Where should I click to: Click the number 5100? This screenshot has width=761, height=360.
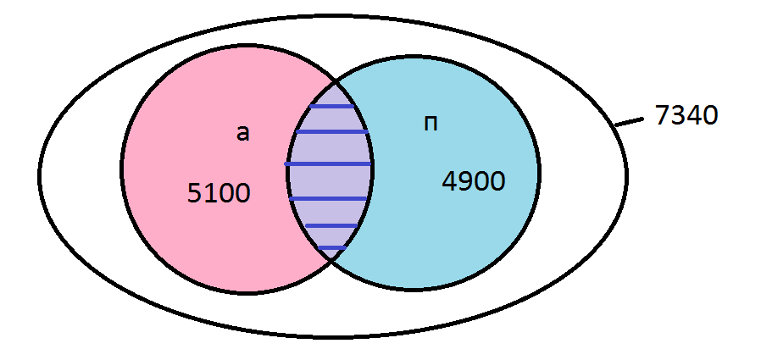click(x=219, y=194)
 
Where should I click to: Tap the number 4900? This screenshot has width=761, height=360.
click(x=474, y=181)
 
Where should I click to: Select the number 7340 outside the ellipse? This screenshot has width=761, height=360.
click(x=686, y=115)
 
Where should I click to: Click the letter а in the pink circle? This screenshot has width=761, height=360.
click(x=243, y=133)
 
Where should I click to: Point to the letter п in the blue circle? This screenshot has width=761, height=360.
click(x=430, y=124)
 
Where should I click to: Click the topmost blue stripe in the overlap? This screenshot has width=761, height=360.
click(x=332, y=107)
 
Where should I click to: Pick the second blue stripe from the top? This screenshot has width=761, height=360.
click(x=332, y=132)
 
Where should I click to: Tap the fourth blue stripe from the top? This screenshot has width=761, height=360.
click(x=329, y=198)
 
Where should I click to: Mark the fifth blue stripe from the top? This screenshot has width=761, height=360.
click(x=331, y=225)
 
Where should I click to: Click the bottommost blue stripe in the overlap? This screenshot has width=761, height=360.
click(x=331, y=247)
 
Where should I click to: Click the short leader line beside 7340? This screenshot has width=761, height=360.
click(x=627, y=122)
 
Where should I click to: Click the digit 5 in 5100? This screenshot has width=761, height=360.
click(x=194, y=194)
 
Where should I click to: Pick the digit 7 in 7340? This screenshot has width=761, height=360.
click(x=663, y=115)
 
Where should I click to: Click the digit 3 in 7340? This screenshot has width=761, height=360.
click(x=678, y=115)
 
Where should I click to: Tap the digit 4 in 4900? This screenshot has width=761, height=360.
click(x=449, y=181)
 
